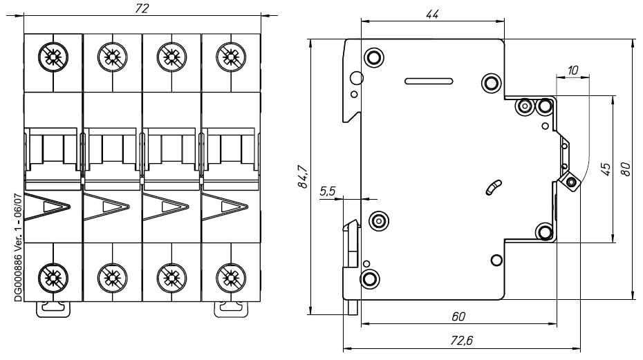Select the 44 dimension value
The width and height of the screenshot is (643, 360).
pos(433,15)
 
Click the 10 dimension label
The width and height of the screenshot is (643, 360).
pos(572,70)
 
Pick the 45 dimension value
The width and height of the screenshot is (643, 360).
pos(606,168)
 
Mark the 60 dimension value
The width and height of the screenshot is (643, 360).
pos(458,316)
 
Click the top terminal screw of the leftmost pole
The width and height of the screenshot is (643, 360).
pos(53,57)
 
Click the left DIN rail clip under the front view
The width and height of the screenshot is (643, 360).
pos(53,308)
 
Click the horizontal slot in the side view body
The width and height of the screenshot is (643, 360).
pos(429,80)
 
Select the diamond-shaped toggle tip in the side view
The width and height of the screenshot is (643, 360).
pos(571,182)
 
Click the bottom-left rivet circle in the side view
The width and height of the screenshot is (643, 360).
pos(370,279)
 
